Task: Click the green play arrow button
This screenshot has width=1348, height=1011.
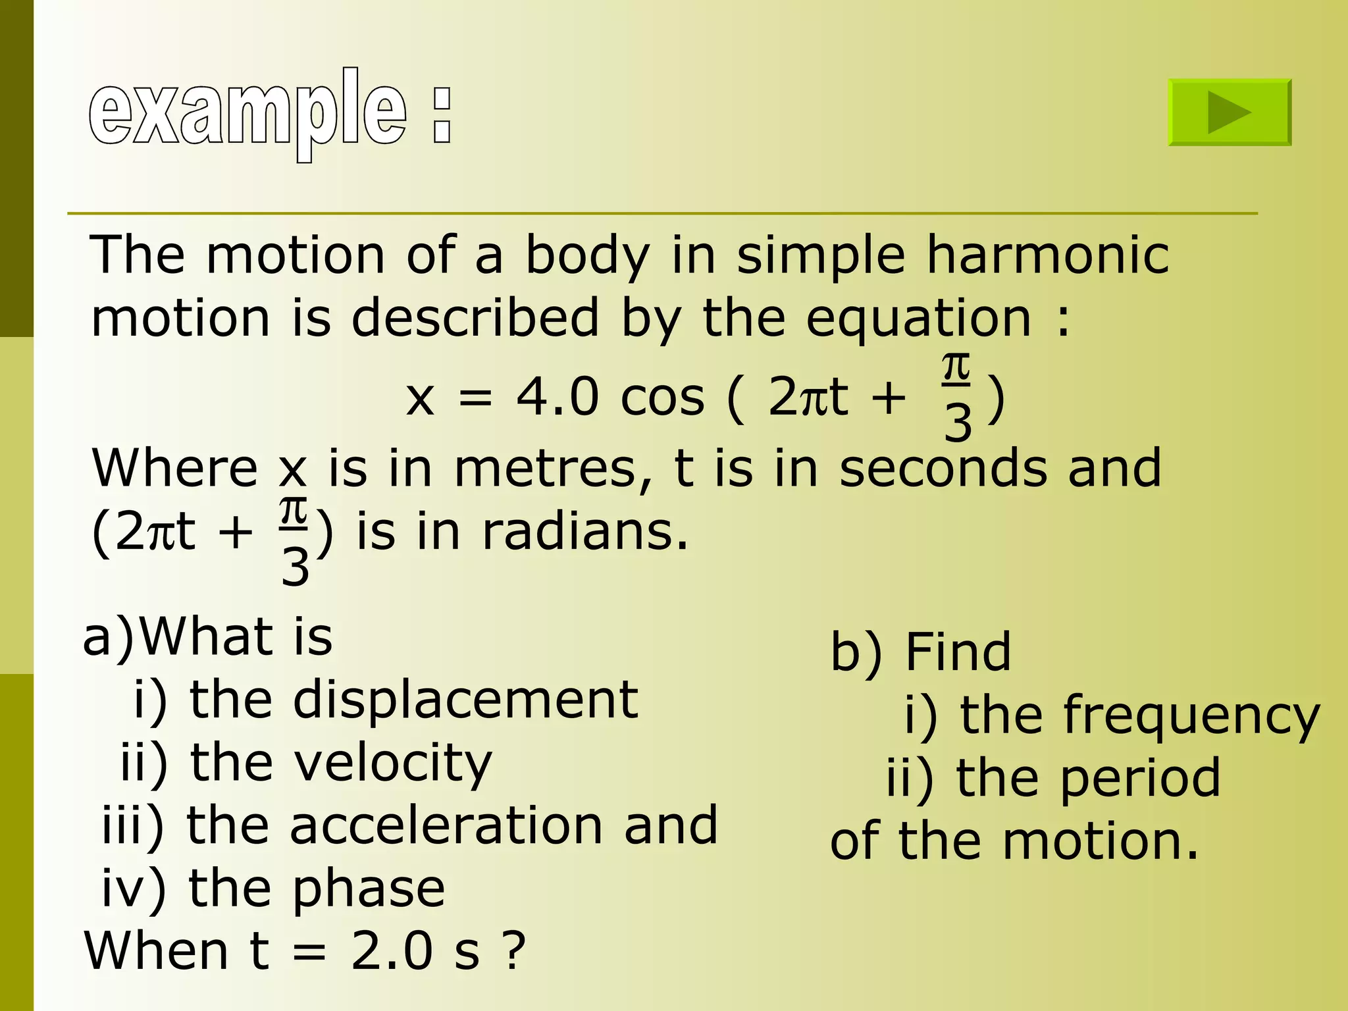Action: pyautogui.click(x=1230, y=113)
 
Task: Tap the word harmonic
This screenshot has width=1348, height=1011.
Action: pyautogui.click(x=1048, y=255)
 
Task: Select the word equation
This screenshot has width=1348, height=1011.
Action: pyautogui.click(x=919, y=319)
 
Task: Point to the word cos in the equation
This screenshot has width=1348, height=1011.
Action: pyautogui.click(x=662, y=399)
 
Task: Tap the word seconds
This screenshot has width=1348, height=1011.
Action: pyautogui.click(x=943, y=469)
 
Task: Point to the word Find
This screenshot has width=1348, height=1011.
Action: pyautogui.click(x=958, y=652)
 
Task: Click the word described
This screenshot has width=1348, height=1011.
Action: pyautogui.click(x=476, y=319)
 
